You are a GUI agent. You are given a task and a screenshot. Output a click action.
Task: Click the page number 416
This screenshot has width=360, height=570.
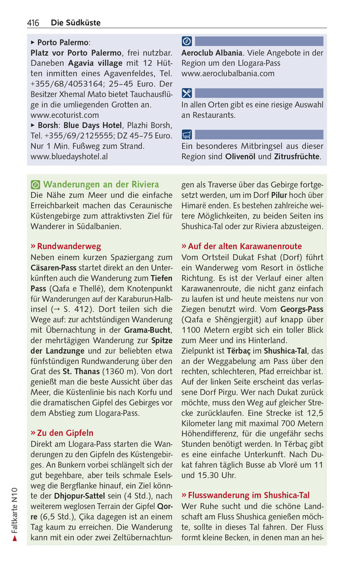[33, 23]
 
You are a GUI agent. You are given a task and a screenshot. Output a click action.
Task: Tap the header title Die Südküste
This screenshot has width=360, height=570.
[75, 23]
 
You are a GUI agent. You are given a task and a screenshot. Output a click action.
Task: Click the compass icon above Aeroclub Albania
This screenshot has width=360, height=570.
[187, 41]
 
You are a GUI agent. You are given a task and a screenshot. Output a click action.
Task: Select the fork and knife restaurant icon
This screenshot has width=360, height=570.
[187, 93]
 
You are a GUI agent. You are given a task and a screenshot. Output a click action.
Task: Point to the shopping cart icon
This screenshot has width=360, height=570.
[187, 134]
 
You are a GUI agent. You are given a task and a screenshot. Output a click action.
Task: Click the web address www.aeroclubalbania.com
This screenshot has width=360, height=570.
[228, 73]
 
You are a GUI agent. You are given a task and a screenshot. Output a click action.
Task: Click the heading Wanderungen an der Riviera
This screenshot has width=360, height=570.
[101, 184]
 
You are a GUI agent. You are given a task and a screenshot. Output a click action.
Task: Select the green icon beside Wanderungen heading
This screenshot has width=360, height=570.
[36, 184]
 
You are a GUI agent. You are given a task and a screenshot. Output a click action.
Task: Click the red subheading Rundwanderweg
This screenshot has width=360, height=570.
[69, 245]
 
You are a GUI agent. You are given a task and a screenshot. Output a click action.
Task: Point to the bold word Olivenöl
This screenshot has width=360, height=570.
[240, 156]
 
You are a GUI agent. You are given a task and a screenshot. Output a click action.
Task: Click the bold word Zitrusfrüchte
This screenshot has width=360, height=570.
[297, 156]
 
